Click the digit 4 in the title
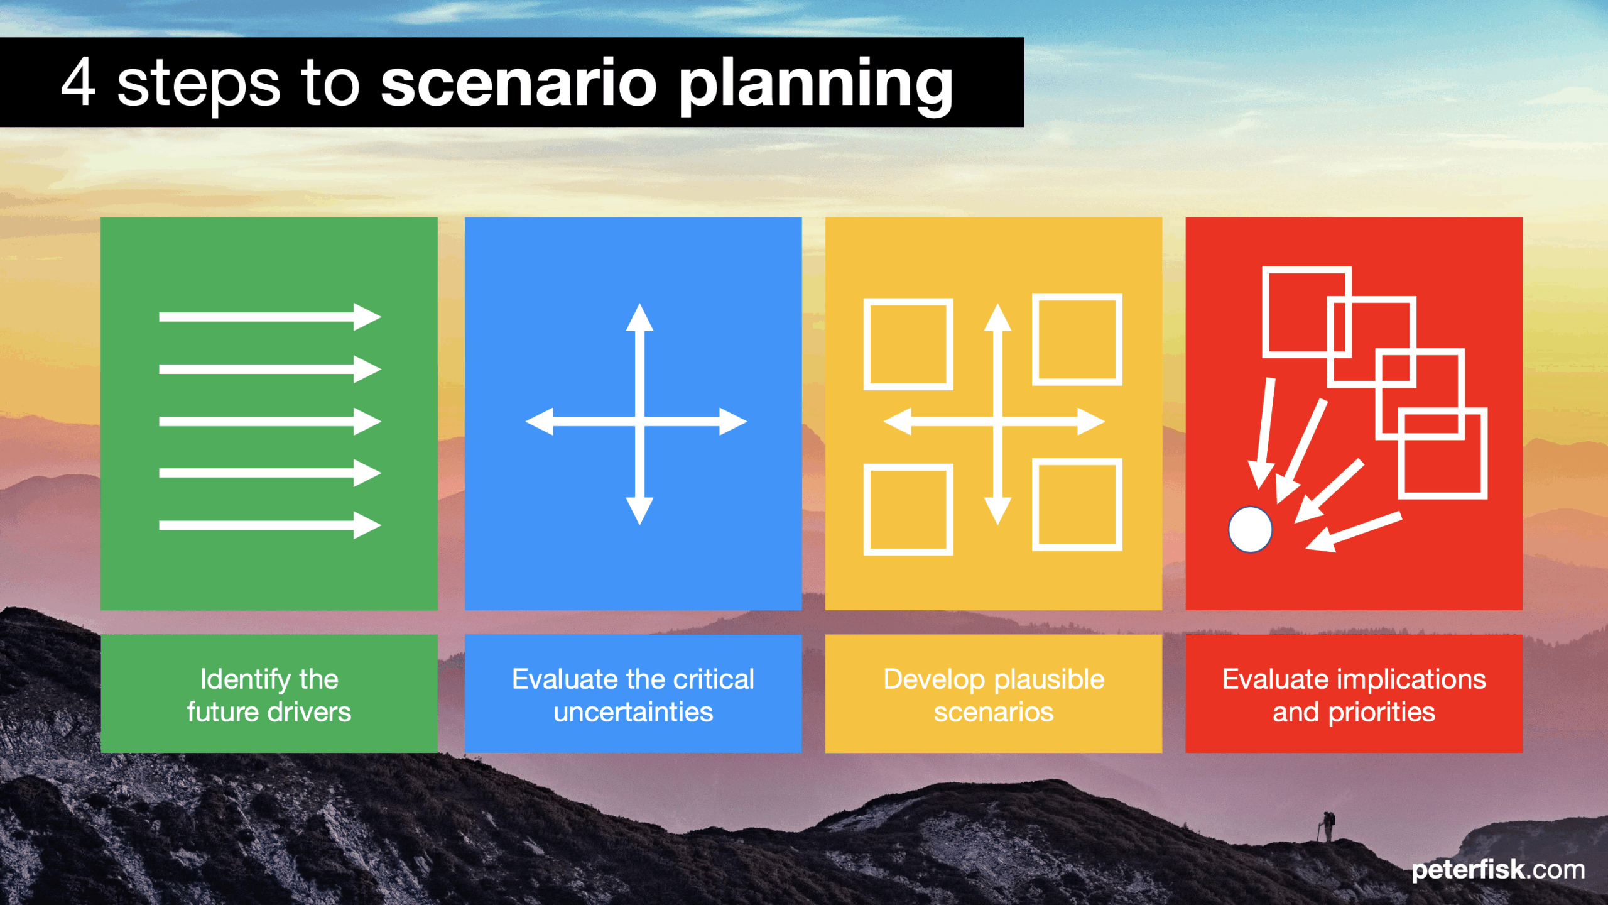[x=79, y=82]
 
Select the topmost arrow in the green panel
[x=270, y=317]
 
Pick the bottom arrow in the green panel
[x=270, y=525]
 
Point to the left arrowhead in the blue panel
[x=540, y=421]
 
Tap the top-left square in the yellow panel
[x=908, y=344]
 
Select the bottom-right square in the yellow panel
[x=1077, y=504]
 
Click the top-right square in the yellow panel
[x=1077, y=339]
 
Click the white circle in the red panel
[x=1251, y=530]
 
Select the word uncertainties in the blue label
[x=633, y=713]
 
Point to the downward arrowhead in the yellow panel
[x=997, y=511]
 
